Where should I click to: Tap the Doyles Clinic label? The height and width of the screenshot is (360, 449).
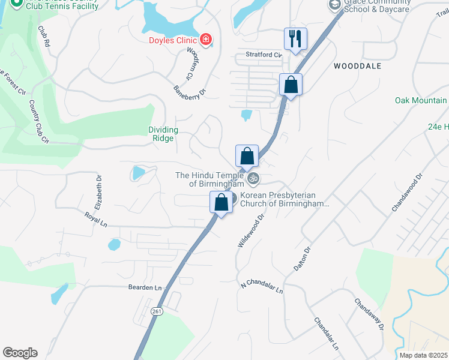[x=173, y=41]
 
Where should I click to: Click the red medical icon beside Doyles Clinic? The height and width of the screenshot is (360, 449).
[x=206, y=40]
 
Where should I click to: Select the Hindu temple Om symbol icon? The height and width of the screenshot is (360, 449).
[x=254, y=178]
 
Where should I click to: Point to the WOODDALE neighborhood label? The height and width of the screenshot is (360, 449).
[x=357, y=66]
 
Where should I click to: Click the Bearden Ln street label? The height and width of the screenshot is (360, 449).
[x=145, y=288]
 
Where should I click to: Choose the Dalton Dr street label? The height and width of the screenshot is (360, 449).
[x=302, y=259]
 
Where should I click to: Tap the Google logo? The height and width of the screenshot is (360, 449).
[x=20, y=353]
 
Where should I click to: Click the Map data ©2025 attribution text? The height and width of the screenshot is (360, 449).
[x=423, y=355]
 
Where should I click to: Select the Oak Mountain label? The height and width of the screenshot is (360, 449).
[x=421, y=101]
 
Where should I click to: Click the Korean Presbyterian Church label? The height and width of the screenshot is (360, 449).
[x=285, y=200]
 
